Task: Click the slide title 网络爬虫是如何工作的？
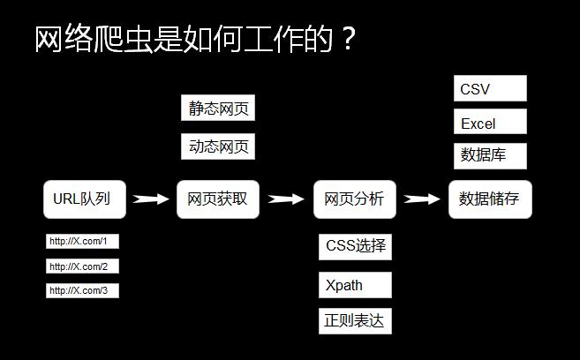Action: coord(194,39)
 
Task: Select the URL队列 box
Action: coord(85,199)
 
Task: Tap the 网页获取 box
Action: coord(218,199)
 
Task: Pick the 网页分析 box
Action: coord(355,199)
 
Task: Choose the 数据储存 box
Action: coord(490,199)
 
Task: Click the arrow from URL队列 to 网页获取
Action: coord(150,199)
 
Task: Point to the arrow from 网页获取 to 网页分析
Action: coord(286,199)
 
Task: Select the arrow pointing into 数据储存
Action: coord(421,199)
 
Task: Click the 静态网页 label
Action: coord(218,109)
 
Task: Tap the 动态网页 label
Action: coord(218,146)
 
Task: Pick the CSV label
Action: coord(490,89)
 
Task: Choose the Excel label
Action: coord(490,123)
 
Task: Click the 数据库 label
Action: coord(490,156)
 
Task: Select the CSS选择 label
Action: coord(355,246)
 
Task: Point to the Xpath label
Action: coord(355,286)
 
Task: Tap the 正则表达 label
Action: coord(355,321)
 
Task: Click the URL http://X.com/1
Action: coord(82,242)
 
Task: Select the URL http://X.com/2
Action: coord(82,266)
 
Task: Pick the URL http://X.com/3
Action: coord(82,290)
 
